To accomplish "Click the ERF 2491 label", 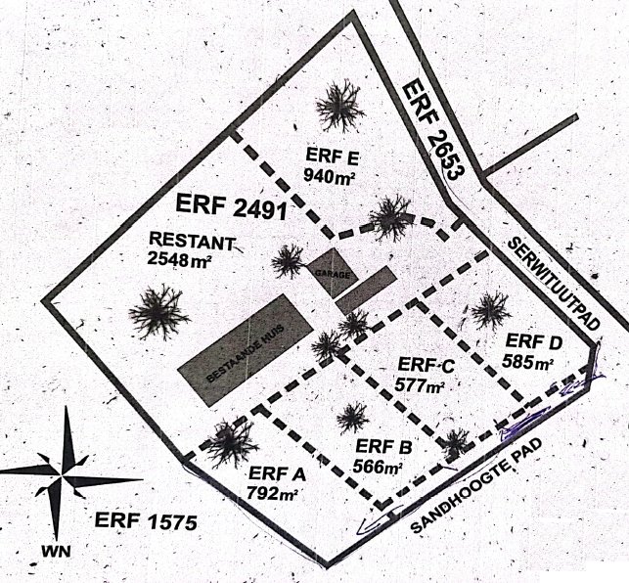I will pyautogui.click(x=230, y=206).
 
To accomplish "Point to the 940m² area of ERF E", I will pyautogui.click(x=329, y=176).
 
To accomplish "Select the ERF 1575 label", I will pyautogui.click(x=146, y=521).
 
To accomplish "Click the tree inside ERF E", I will pyautogui.click(x=339, y=105).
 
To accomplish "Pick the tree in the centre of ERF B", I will pyautogui.click(x=352, y=418).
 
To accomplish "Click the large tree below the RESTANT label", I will pyautogui.click(x=158, y=312).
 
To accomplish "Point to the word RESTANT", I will pyautogui.click(x=192, y=240).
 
